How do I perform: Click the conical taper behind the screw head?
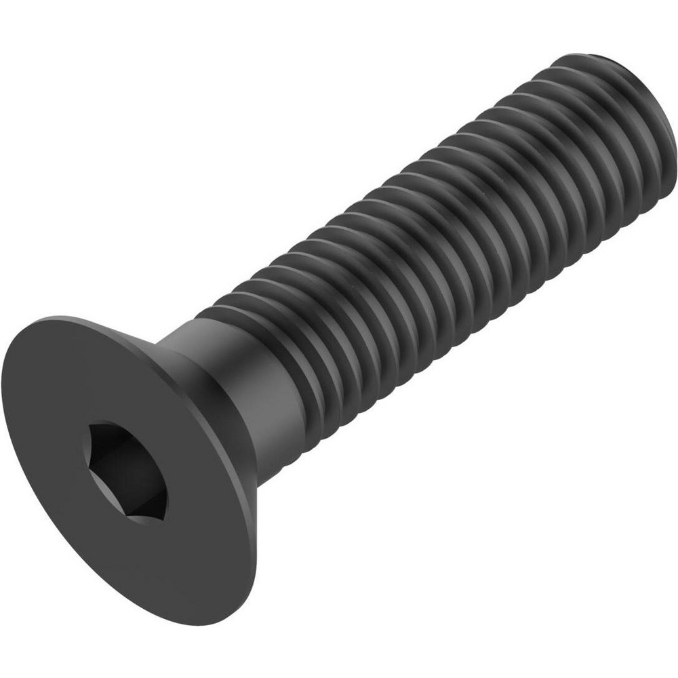click(x=203, y=380)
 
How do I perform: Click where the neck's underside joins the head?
click(x=261, y=478)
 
